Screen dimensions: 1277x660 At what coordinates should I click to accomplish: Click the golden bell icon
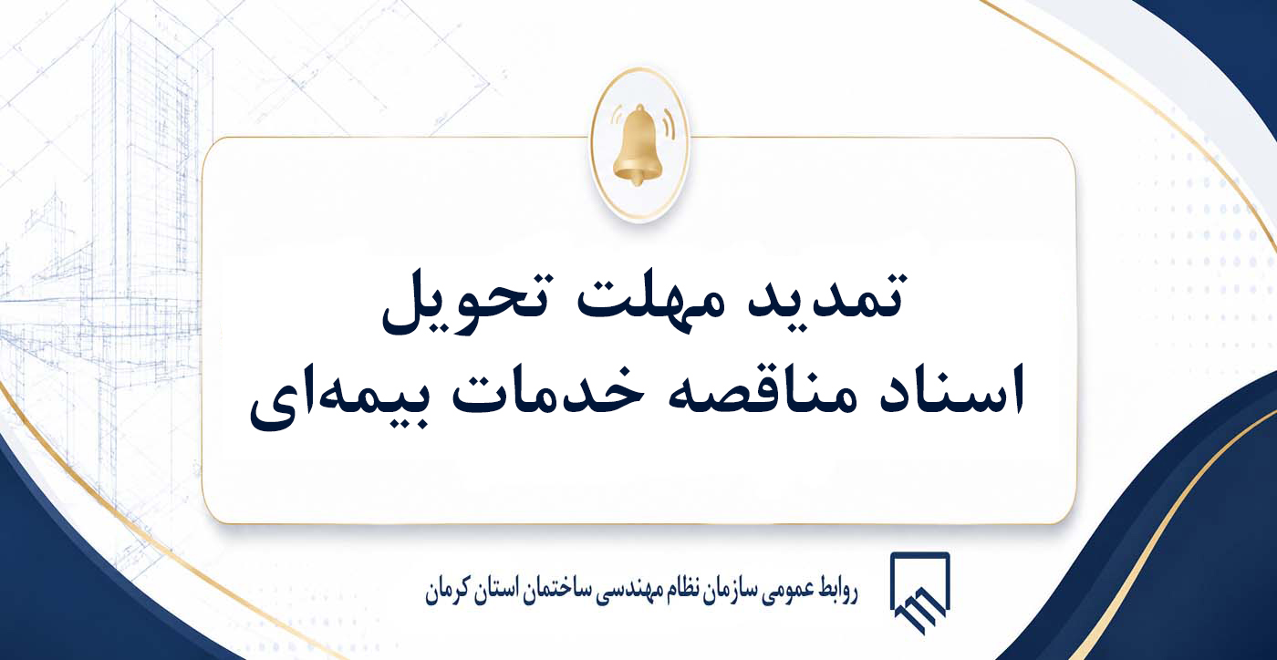pyautogui.click(x=638, y=145)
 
